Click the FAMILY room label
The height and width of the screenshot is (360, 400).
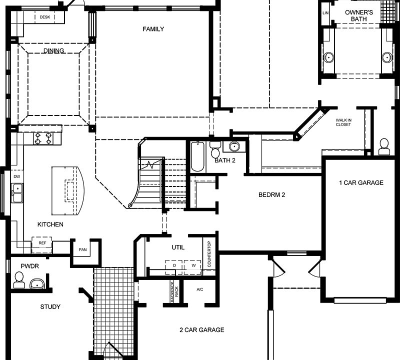(x=153, y=29)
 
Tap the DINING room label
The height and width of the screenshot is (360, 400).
(x=53, y=51)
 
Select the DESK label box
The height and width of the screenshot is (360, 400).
(x=44, y=17)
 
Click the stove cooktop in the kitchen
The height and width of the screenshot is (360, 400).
(x=43, y=138)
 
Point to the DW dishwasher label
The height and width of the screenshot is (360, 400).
(x=16, y=176)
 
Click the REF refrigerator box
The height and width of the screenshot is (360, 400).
(x=42, y=243)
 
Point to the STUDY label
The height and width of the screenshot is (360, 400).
(x=50, y=307)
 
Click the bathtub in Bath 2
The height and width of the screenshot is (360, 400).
(x=197, y=156)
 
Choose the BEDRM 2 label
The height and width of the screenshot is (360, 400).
(x=271, y=194)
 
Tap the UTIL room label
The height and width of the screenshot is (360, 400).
(x=177, y=247)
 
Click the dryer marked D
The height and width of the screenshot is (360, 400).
(x=174, y=266)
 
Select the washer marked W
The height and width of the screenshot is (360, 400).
(x=192, y=266)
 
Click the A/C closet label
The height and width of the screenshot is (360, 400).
(x=200, y=289)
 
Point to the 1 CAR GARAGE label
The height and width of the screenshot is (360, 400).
(x=361, y=183)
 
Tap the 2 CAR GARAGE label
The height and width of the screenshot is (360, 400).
(x=201, y=330)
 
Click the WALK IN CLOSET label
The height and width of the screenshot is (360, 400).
(x=343, y=122)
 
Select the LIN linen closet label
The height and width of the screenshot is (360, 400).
(x=326, y=13)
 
